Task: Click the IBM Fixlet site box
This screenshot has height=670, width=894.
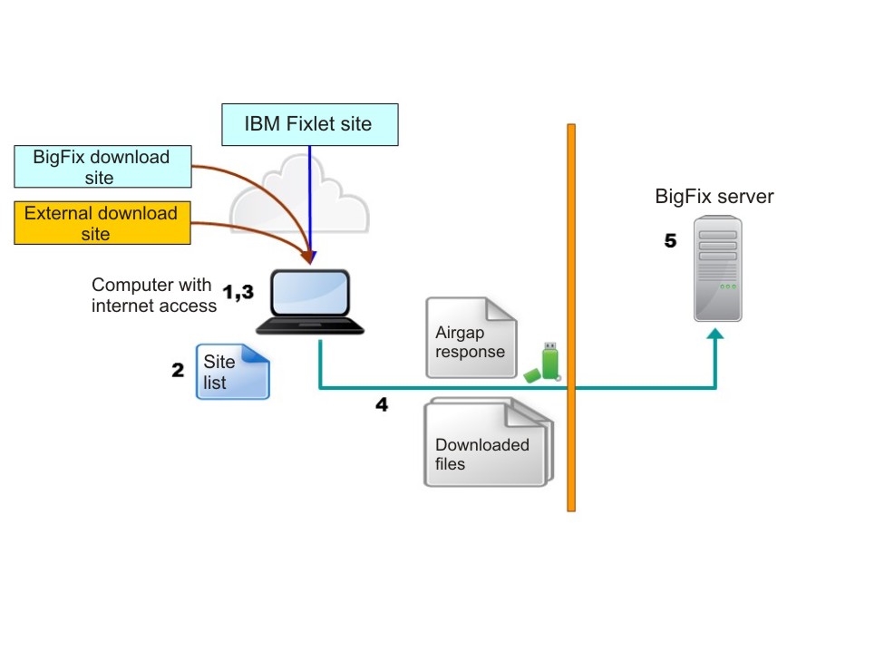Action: (x=309, y=124)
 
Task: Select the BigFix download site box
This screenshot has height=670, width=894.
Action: (x=102, y=168)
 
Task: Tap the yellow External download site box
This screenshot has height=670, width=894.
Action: (x=102, y=223)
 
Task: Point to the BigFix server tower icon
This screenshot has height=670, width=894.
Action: (x=717, y=268)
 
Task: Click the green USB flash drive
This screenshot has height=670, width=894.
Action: (x=546, y=363)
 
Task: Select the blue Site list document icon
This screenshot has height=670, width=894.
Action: (x=233, y=371)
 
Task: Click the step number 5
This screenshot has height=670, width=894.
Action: (x=670, y=241)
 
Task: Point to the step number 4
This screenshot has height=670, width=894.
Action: (x=382, y=404)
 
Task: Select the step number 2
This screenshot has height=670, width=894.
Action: (x=178, y=370)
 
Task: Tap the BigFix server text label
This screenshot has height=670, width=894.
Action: (x=714, y=197)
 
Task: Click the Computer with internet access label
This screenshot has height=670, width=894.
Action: (x=153, y=296)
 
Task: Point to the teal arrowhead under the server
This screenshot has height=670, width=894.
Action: (x=716, y=335)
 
